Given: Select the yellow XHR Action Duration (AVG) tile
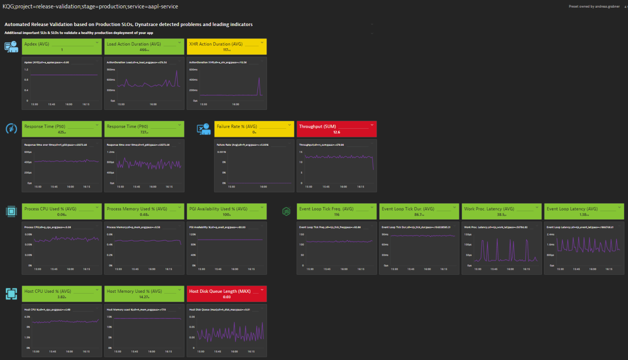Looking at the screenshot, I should tap(227, 47).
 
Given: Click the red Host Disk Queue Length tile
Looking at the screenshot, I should tap(227, 294).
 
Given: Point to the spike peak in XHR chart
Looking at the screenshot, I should tap(259, 78).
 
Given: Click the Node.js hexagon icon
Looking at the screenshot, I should tap(286, 211).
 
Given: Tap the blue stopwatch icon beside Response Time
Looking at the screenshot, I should tap(11, 129).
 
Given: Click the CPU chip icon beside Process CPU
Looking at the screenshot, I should tap(11, 211).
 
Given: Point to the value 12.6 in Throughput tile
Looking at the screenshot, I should tap(336, 132).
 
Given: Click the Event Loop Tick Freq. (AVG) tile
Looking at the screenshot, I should tap(336, 211).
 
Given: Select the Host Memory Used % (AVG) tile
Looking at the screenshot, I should tap(144, 294).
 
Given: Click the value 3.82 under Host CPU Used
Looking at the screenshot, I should tap(61, 297).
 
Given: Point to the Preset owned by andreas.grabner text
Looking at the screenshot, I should tap(594, 6).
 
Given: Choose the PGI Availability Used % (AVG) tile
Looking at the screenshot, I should tap(227, 211).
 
